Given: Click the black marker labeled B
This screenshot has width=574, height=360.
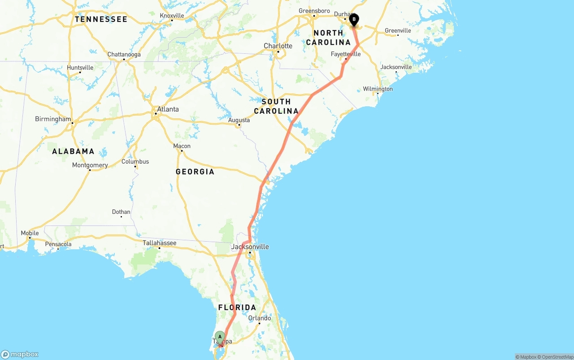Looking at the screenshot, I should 354,20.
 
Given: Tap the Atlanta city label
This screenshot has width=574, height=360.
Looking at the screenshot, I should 168,109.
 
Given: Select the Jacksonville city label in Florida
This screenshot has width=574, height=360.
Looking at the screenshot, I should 250,247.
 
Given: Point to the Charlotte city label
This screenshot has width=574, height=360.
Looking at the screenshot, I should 278,46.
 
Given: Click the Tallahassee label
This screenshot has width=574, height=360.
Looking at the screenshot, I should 159,243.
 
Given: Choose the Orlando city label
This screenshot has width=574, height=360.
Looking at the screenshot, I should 260,318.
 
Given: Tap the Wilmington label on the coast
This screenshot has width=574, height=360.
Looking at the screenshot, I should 378,89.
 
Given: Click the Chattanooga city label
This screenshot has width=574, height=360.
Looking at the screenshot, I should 124,54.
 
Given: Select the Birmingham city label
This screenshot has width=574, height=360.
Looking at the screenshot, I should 53,119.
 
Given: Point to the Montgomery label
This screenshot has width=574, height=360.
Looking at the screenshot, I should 90,165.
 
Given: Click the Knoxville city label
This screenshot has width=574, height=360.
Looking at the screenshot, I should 172,15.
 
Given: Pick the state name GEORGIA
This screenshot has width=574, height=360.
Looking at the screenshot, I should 195,171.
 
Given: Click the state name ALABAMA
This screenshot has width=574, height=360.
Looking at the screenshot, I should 73,151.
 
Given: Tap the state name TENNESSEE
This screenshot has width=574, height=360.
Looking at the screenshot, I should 101,19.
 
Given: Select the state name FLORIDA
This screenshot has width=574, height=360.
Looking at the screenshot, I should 237,308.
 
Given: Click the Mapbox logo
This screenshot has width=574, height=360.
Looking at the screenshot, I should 20,354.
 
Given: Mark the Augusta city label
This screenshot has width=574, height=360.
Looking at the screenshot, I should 239,120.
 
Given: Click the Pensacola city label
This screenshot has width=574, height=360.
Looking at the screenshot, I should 58,244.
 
